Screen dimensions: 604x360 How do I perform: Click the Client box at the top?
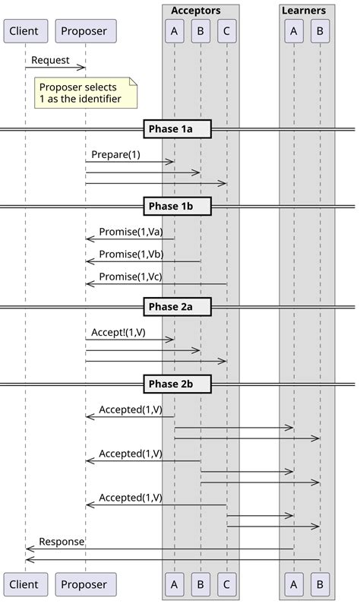[24, 31]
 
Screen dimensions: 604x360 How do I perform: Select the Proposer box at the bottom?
[85, 584]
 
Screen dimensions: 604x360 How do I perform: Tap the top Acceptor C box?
[226, 31]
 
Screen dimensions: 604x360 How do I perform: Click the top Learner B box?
[320, 31]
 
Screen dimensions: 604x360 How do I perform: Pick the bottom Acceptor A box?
[174, 584]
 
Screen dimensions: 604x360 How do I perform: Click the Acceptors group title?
[196, 11]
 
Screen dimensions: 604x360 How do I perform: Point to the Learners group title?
[303, 11]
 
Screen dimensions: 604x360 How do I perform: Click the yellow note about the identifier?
[87, 93]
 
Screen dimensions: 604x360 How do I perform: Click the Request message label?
[50, 60]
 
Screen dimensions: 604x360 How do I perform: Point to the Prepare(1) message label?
[116, 154]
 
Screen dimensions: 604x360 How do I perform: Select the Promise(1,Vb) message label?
[131, 255]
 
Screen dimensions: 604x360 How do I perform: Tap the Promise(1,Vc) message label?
[131, 277]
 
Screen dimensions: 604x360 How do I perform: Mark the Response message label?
[62, 542]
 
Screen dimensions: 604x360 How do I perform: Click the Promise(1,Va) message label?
[131, 232]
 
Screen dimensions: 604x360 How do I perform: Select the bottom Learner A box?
[293, 584]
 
